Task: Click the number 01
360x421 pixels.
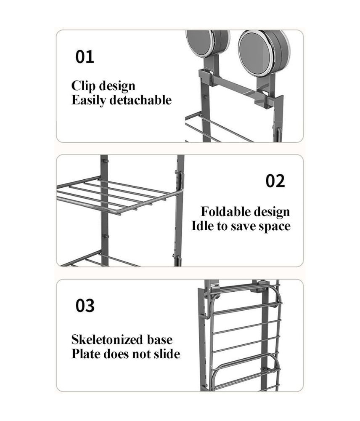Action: [85, 57]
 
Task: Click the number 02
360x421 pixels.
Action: [275, 181]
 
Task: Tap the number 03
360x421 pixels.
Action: [85, 306]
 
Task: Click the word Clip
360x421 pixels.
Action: [83, 86]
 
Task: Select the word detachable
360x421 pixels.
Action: [140, 100]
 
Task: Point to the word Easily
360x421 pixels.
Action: [89, 101]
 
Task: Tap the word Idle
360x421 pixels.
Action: [203, 226]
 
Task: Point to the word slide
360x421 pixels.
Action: [167, 354]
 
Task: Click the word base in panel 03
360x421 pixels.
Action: [160, 339]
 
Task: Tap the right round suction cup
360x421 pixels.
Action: [264, 53]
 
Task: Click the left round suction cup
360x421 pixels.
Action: [208, 43]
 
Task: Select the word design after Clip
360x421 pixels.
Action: [117, 86]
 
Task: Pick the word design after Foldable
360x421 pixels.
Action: [270, 212]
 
